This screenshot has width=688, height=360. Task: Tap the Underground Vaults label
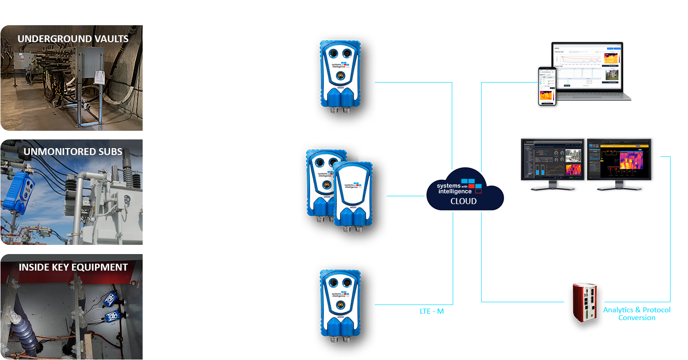click(x=73, y=39)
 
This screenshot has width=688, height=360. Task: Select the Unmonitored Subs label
click(x=73, y=152)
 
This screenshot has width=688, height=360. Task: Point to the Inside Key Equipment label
click(x=73, y=267)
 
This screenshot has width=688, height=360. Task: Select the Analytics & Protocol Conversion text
click(x=637, y=314)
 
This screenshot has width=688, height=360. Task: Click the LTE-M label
click(x=432, y=311)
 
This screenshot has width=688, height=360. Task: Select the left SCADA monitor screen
click(x=553, y=160)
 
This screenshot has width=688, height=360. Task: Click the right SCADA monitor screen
click(x=620, y=160)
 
